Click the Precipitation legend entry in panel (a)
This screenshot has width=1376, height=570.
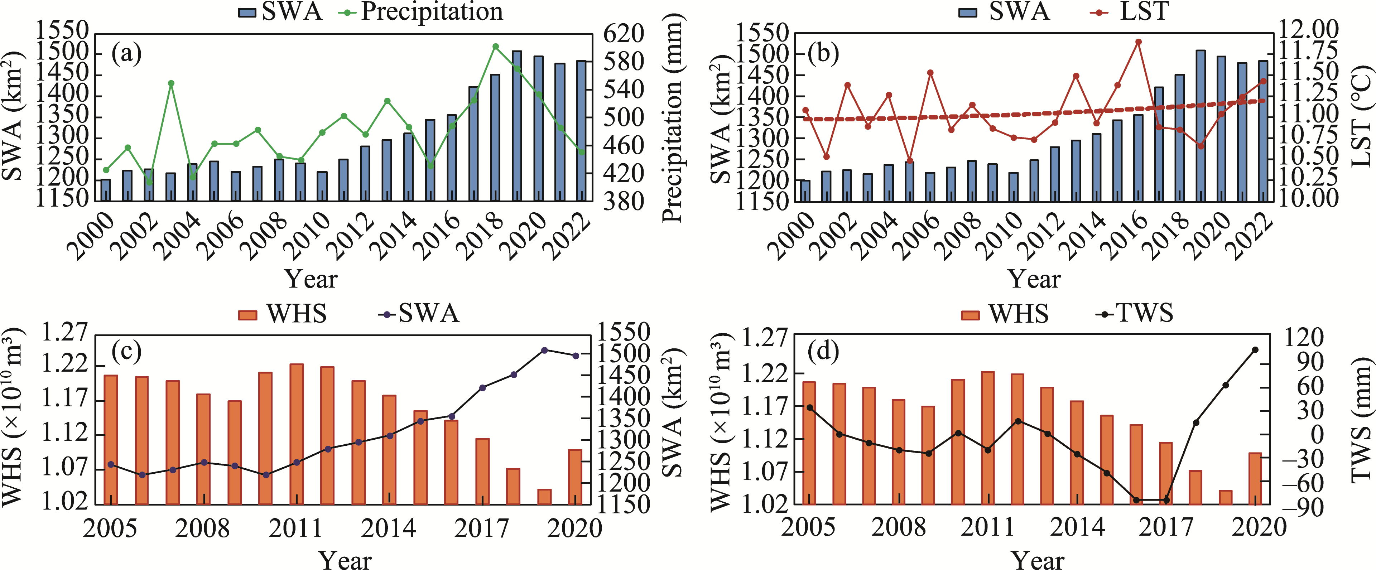tap(422, 12)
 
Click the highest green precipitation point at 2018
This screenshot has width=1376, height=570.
tap(495, 47)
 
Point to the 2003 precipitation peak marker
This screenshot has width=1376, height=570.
tap(171, 83)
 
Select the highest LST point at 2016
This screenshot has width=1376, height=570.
tap(1138, 42)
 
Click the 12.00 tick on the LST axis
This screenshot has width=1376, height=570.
tap(1308, 29)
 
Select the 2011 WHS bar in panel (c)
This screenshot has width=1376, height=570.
tap(297, 434)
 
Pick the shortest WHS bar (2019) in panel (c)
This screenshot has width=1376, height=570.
tap(544, 496)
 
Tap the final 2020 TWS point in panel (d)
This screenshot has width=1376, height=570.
tap(1255, 350)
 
